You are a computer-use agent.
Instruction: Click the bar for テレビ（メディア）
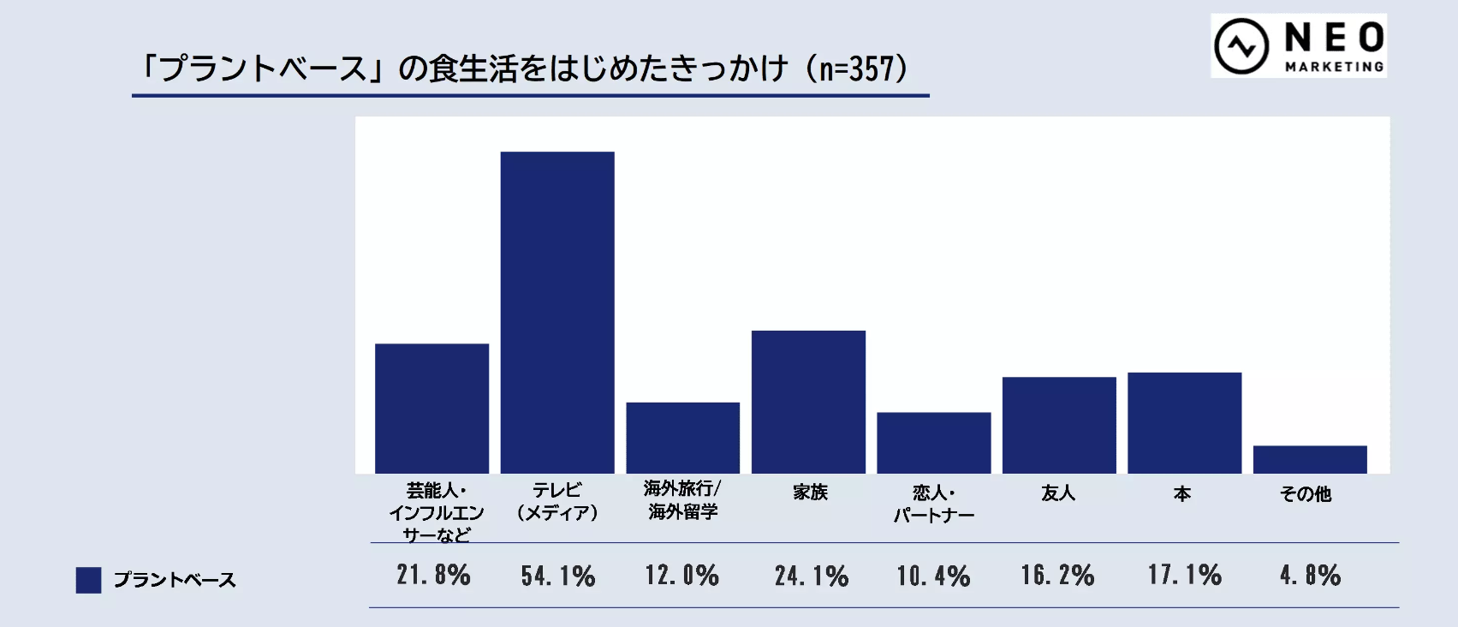(557, 313)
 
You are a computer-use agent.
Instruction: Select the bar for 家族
(808, 402)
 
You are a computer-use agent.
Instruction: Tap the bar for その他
(1310, 460)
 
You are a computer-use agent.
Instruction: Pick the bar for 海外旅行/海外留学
(682, 438)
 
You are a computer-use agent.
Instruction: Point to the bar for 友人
(1059, 425)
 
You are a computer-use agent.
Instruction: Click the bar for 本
(1184, 423)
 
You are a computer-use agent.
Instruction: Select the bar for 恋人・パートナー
(933, 443)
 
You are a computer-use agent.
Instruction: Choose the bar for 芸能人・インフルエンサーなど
(431, 409)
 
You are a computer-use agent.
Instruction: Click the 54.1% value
(558, 576)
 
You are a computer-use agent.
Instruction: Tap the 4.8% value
(1310, 575)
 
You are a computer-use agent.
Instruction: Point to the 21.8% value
(433, 575)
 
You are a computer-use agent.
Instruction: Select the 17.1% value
(1185, 575)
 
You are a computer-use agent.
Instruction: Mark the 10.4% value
(933, 576)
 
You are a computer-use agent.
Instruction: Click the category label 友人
(1058, 493)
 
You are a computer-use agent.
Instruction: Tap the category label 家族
(810, 493)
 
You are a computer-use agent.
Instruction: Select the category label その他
(1306, 494)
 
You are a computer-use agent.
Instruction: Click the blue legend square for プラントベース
(88, 580)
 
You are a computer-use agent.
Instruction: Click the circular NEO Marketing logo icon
(1241, 46)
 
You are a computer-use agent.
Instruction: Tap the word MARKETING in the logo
(1334, 67)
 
